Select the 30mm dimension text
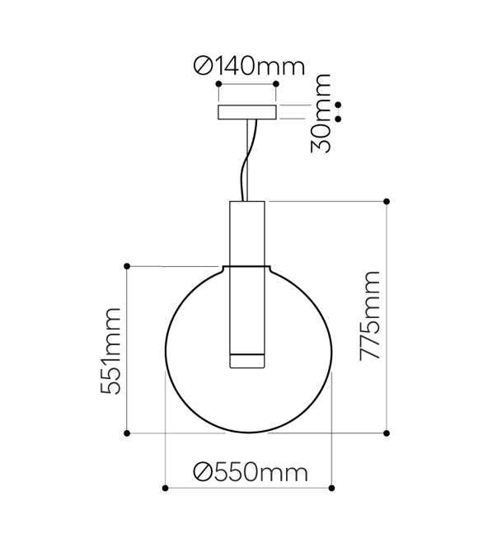323,113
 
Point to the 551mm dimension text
111,350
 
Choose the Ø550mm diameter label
250,472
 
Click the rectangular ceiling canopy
246,112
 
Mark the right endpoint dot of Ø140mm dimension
276,84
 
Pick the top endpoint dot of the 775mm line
387,201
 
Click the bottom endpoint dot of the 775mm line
387,432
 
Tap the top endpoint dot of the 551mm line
127,266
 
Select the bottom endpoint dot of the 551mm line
127,432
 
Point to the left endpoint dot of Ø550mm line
165,489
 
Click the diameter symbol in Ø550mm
203,472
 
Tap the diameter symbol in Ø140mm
202,65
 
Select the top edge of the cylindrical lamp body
246,201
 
